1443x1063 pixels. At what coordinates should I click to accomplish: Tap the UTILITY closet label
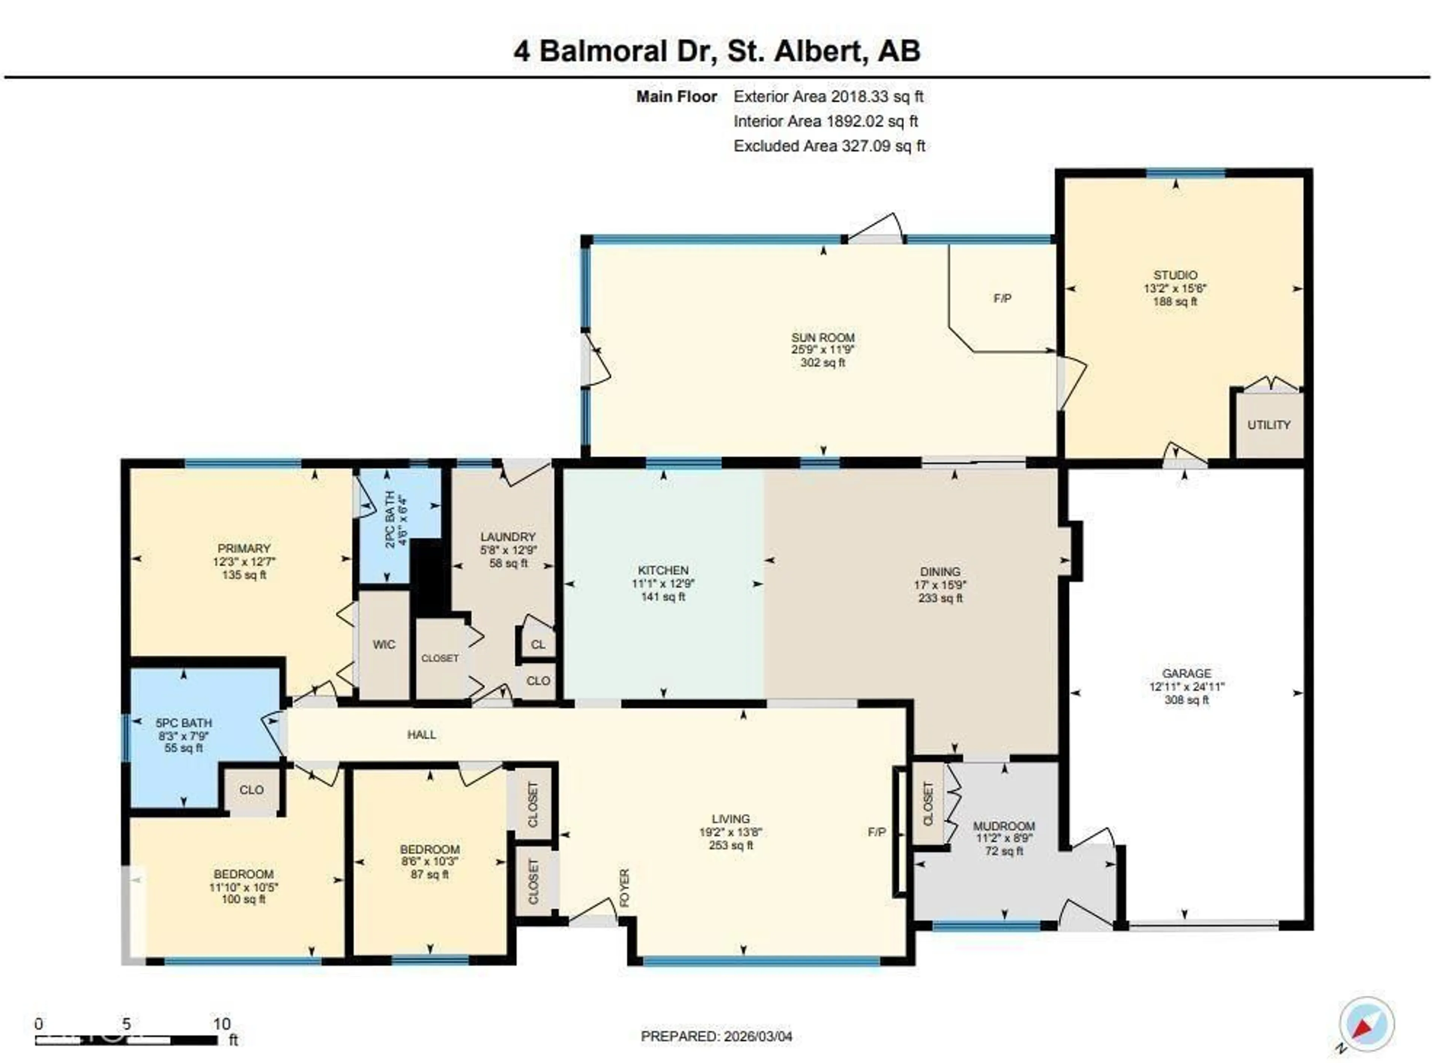(x=1268, y=425)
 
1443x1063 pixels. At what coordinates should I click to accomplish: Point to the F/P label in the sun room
(x=1001, y=299)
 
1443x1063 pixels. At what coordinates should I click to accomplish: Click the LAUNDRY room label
(x=507, y=537)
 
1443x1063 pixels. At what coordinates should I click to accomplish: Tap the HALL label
(x=422, y=735)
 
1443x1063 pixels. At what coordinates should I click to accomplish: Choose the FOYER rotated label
(x=624, y=888)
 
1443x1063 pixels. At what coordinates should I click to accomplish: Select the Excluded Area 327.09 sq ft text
(x=829, y=146)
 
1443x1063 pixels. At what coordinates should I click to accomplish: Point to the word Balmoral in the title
(x=602, y=51)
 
